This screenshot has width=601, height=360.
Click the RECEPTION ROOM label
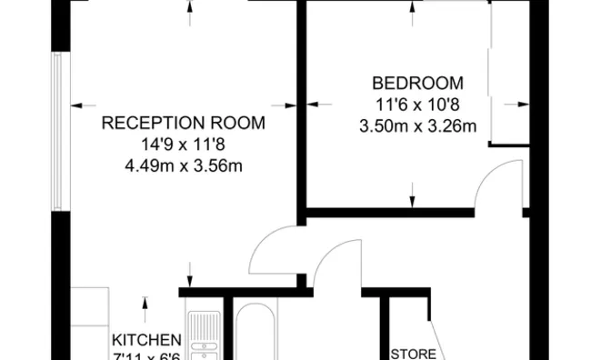point(183,123)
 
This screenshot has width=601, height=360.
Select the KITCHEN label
point(139,341)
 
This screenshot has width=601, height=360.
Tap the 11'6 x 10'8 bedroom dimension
point(417,104)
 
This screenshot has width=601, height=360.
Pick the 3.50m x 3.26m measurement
point(417,125)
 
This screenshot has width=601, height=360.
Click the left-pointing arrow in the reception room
point(76,103)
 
